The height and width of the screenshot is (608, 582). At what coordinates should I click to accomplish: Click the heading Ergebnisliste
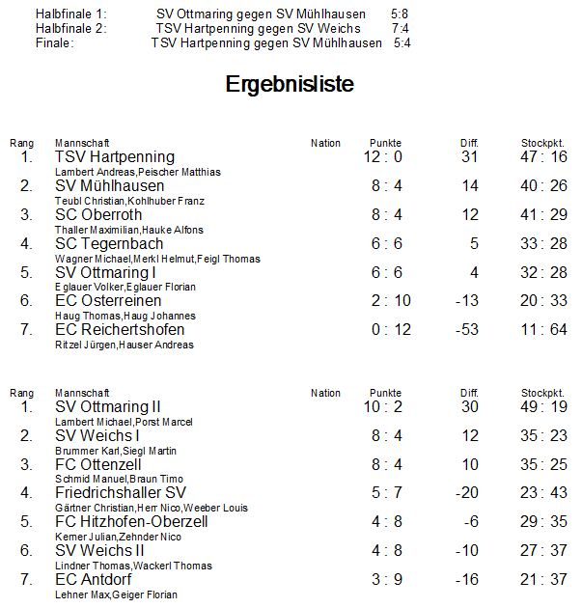pos(290,85)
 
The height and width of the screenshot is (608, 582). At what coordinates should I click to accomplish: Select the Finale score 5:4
pos(402,43)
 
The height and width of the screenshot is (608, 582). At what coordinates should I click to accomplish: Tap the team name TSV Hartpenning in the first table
pos(115,157)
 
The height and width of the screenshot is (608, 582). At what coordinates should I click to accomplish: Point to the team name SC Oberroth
pos(99,215)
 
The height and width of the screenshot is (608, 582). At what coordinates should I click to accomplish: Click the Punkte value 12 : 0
pos(383,157)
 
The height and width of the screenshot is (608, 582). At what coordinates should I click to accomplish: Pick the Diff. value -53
pos(468,330)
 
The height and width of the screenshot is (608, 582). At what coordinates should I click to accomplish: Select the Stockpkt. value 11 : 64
pos(544,330)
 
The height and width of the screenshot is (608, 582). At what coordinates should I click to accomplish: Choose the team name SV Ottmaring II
pos(108,407)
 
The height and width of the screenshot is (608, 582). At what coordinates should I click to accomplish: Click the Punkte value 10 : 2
pos(383,407)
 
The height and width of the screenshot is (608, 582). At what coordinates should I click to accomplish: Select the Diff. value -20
pos(468,493)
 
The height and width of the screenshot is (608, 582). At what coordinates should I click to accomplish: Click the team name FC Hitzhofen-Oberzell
pos(131,522)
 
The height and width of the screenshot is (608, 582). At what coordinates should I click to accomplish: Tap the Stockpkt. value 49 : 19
pos(544,407)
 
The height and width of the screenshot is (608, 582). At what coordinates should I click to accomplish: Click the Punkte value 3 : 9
pos(383,580)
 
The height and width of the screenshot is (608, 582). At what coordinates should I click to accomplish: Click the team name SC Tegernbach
pos(109,244)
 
